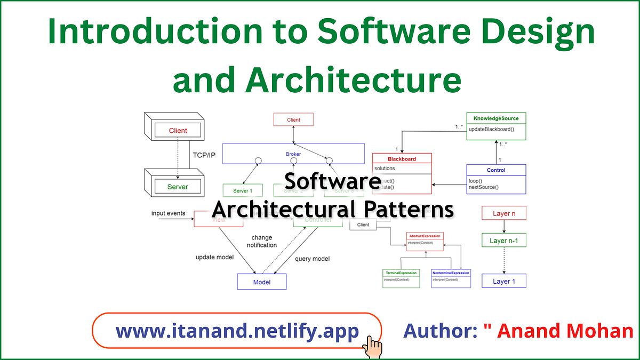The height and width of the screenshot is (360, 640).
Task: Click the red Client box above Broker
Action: click(293, 119)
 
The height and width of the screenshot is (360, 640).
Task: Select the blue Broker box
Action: click(293, 154)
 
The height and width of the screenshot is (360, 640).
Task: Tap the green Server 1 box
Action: click(243, 190)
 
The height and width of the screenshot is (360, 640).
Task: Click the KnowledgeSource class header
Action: click(496, 118)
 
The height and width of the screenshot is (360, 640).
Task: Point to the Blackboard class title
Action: click(402, 158)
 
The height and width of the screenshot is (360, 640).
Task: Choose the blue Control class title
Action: click(496, 170)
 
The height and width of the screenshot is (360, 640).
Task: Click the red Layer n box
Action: click(504, 213)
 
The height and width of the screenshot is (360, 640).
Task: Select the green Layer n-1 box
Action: click(504, 241)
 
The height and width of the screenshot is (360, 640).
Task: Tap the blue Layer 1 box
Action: click(504, 281)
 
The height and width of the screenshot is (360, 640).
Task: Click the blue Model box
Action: click(261, 282)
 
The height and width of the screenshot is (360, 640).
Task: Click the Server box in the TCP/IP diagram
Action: click(178, 187)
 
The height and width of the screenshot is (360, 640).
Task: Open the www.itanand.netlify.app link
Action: click(237, 332)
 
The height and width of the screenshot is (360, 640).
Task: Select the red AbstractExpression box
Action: click(425, 235)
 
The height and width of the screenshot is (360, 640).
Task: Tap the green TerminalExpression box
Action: click(401, 273)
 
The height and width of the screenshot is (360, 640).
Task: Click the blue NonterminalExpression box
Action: click(451, 273)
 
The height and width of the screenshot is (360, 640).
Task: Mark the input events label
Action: click(168, 213)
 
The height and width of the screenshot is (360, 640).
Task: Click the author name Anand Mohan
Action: click(565, 331)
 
